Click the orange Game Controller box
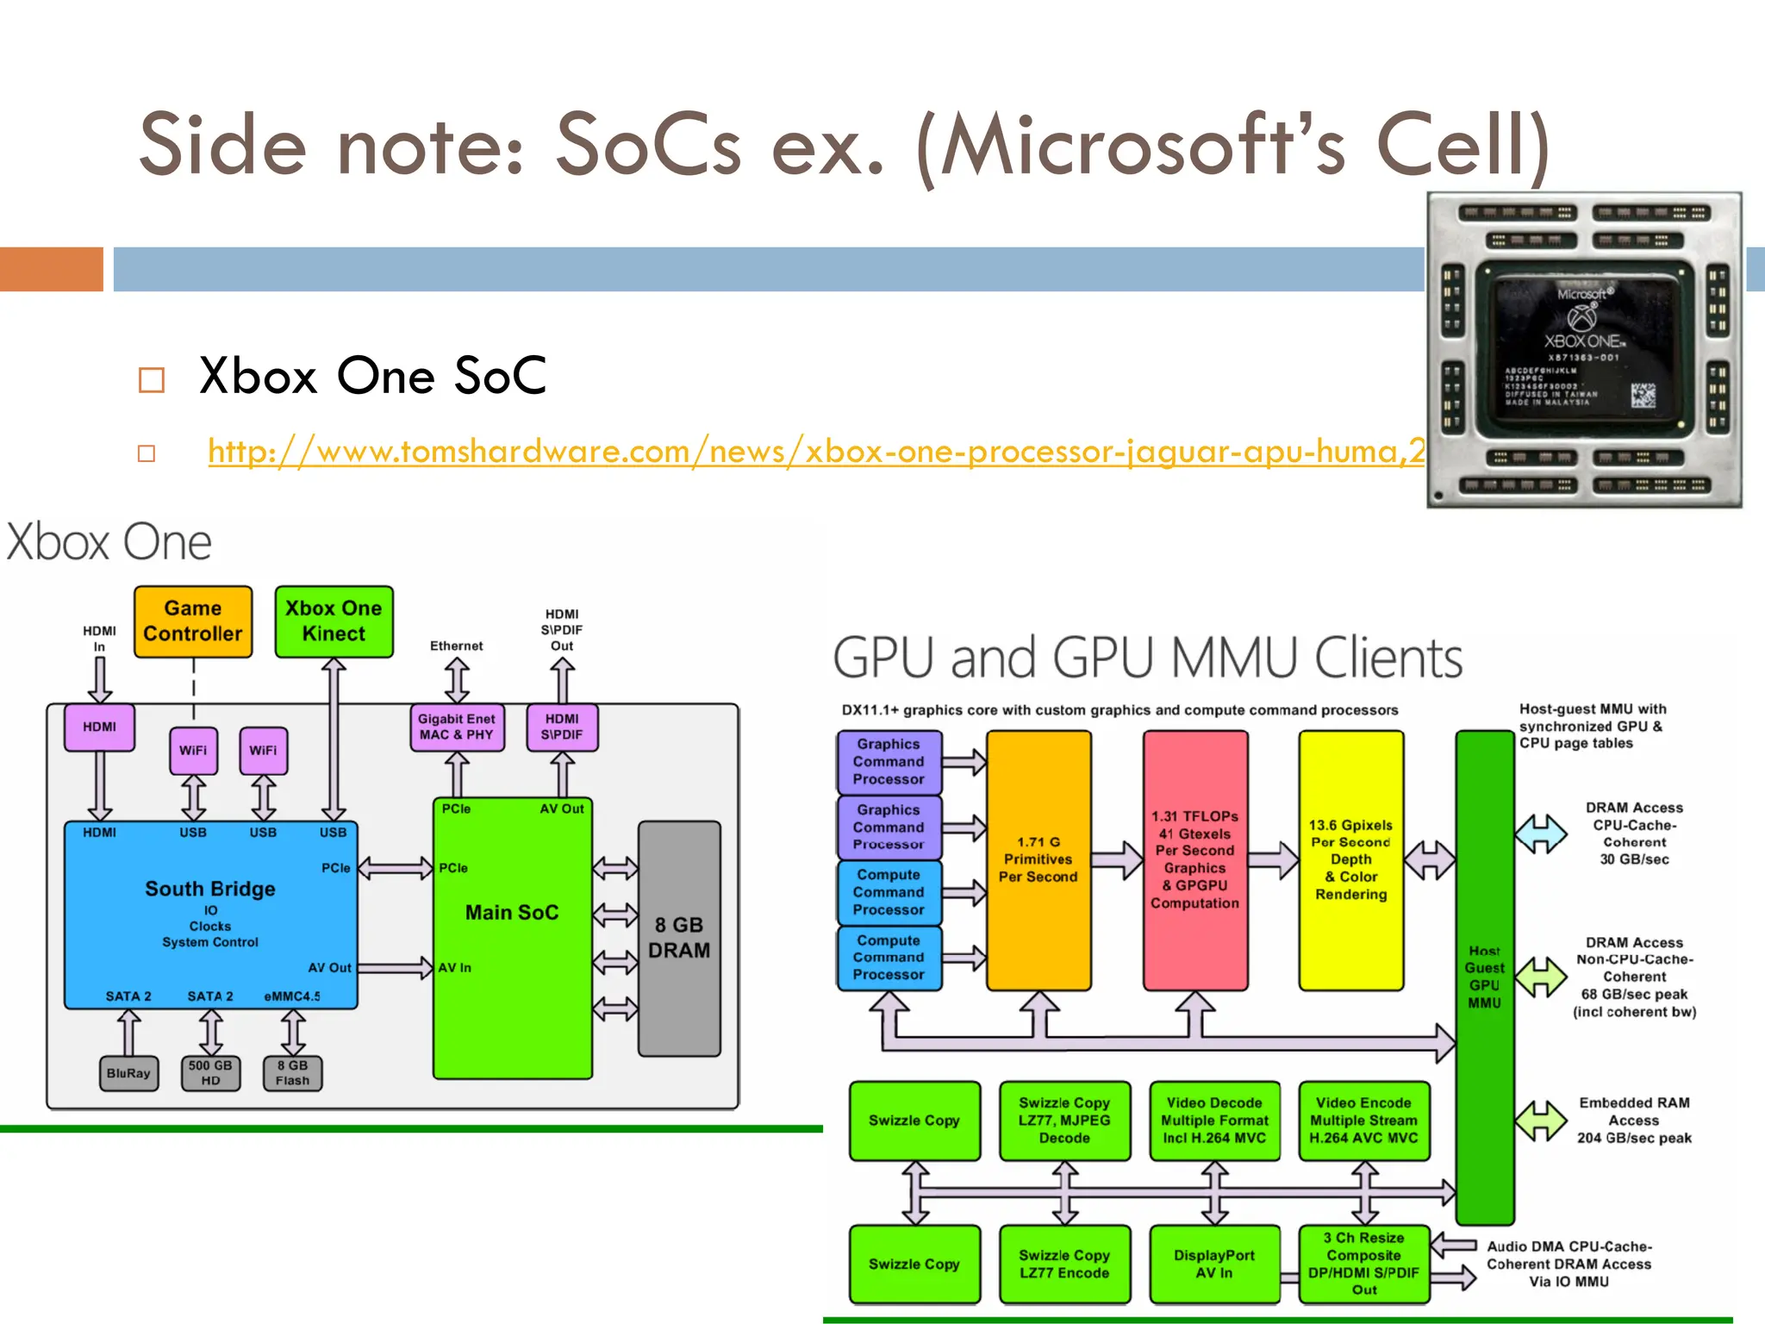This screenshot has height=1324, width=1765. coord(193,621)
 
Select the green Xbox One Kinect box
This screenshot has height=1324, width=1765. coord(334,621)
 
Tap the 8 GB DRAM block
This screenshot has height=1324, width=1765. coord(679,938)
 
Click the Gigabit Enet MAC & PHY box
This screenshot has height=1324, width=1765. coord(457,727)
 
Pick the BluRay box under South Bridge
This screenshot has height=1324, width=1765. coord(128,1073)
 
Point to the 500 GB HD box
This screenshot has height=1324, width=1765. coord(210,1073)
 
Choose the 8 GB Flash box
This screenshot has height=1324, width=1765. coord(292,1073)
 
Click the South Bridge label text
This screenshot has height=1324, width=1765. coord(210,889)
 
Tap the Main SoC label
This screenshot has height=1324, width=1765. coord(512,912)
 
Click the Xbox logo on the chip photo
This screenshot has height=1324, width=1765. coord(1581,318)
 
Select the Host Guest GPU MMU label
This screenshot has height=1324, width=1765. coord(1484,977)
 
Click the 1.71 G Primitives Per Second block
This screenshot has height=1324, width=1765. coord(1038,859)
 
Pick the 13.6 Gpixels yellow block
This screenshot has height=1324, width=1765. coord(1350,859)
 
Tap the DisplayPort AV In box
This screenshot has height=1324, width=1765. coord(1214,1264)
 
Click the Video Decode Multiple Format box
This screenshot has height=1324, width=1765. coord(1214,1120)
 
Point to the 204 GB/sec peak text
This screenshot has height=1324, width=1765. coord(1634,1138)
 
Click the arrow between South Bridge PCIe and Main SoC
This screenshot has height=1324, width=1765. coord(395,867)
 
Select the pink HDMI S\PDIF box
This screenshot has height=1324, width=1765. coord(562,727)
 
